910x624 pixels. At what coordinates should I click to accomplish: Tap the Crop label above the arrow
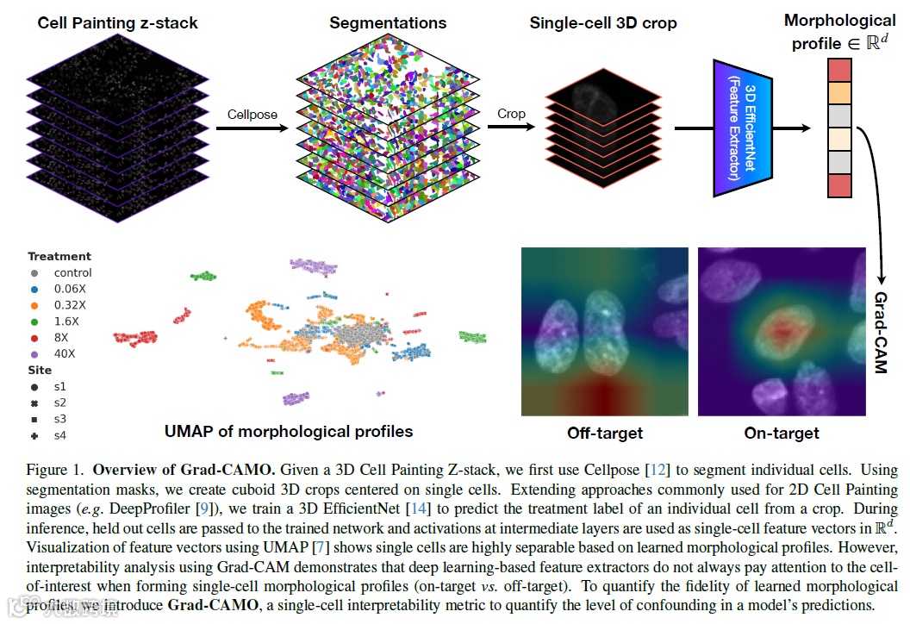(x=510, y=114)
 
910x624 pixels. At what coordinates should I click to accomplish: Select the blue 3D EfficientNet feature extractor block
(x=742, y=129)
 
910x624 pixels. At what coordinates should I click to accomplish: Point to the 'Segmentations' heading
(x=388, y=22)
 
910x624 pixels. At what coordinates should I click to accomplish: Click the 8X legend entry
(x=59, y=337)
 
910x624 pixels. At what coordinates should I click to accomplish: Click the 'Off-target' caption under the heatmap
(x=605, y=433)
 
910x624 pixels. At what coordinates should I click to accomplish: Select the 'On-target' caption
(x=782, y=433)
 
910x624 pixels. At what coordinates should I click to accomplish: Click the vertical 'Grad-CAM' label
(x=881, y=332)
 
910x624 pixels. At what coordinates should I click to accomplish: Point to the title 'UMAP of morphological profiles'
(x=289, y=431)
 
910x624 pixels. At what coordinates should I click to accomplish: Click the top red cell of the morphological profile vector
(x=839, y=69)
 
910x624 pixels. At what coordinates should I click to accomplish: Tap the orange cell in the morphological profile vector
(x=839, y=92)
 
